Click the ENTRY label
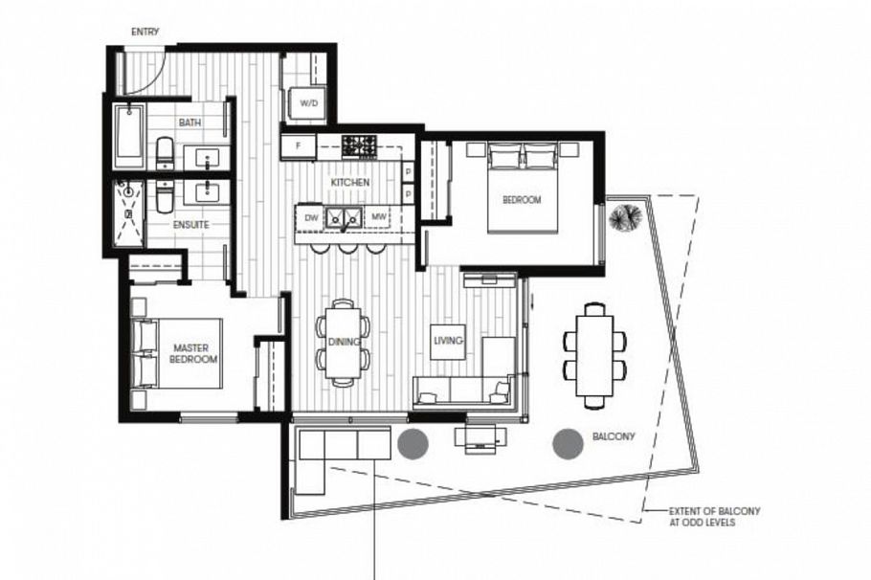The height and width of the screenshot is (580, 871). [145, 32]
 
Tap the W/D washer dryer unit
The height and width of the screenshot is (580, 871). [309, 102]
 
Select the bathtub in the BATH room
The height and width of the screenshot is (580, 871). [128, 137]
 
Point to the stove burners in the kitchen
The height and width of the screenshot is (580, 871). [360, 145]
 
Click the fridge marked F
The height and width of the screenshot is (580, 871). [298, 146]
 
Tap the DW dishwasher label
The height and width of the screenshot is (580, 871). [310, 217]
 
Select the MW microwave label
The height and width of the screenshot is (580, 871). [379, 217]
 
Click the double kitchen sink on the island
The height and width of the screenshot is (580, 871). [343, 218]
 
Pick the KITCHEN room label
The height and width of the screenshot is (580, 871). [349, 182]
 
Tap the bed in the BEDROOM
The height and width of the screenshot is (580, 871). [523, 187]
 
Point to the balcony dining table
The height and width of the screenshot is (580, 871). [594, 354]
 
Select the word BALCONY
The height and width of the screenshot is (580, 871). [614, 436]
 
